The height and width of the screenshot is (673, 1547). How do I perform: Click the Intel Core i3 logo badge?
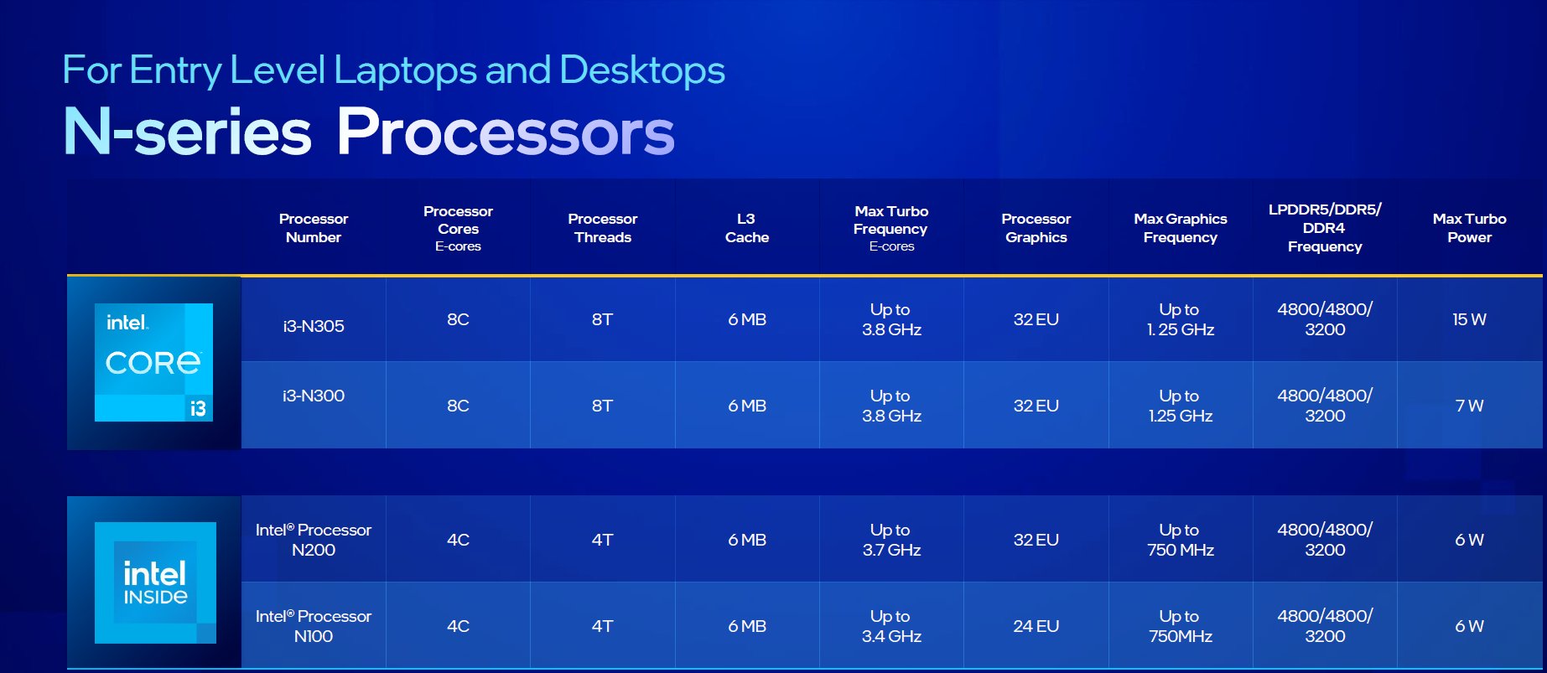pos(153,362)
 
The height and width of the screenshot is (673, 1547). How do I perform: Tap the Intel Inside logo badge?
pos(155,582)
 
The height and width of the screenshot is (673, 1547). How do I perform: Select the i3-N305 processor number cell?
pos(314,326)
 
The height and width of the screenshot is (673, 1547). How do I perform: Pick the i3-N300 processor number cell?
pos(314,396)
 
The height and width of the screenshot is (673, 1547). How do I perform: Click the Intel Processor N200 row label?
pos(314,540)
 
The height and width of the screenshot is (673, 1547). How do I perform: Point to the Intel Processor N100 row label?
pos(314,626)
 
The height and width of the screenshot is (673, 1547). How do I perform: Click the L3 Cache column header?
pos(746,228)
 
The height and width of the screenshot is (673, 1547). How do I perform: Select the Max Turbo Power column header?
pos(1469,228)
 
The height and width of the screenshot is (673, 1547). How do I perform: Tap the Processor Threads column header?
pos(602,228)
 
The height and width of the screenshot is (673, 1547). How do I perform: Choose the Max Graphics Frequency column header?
pos(1180,228)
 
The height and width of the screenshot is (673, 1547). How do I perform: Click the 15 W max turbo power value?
pos(1469,319)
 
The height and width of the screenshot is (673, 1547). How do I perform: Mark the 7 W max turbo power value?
pos(1469,406)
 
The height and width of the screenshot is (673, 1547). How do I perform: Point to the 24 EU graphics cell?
pos(1036,626)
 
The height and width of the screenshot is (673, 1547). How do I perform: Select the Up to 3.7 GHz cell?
pos(890,540)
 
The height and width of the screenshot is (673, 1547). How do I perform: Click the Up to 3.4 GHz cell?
pos(890,626)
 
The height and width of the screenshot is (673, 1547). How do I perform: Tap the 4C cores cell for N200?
pos(458,540)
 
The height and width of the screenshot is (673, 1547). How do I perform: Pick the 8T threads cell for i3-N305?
pos(602,319)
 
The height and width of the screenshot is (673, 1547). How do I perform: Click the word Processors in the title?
pos(506,132)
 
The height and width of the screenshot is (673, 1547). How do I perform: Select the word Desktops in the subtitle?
pos(641,70)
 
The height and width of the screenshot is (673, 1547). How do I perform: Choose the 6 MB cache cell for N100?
pos(746,626)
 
